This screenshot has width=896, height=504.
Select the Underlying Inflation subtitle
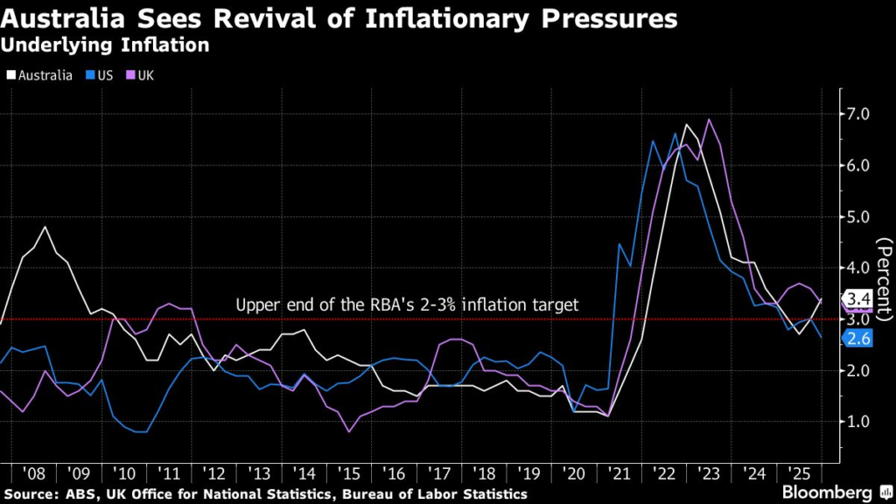105,45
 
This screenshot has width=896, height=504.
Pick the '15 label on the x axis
349,473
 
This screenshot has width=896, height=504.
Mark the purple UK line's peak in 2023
708,120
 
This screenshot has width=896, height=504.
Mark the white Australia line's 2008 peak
44,227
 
